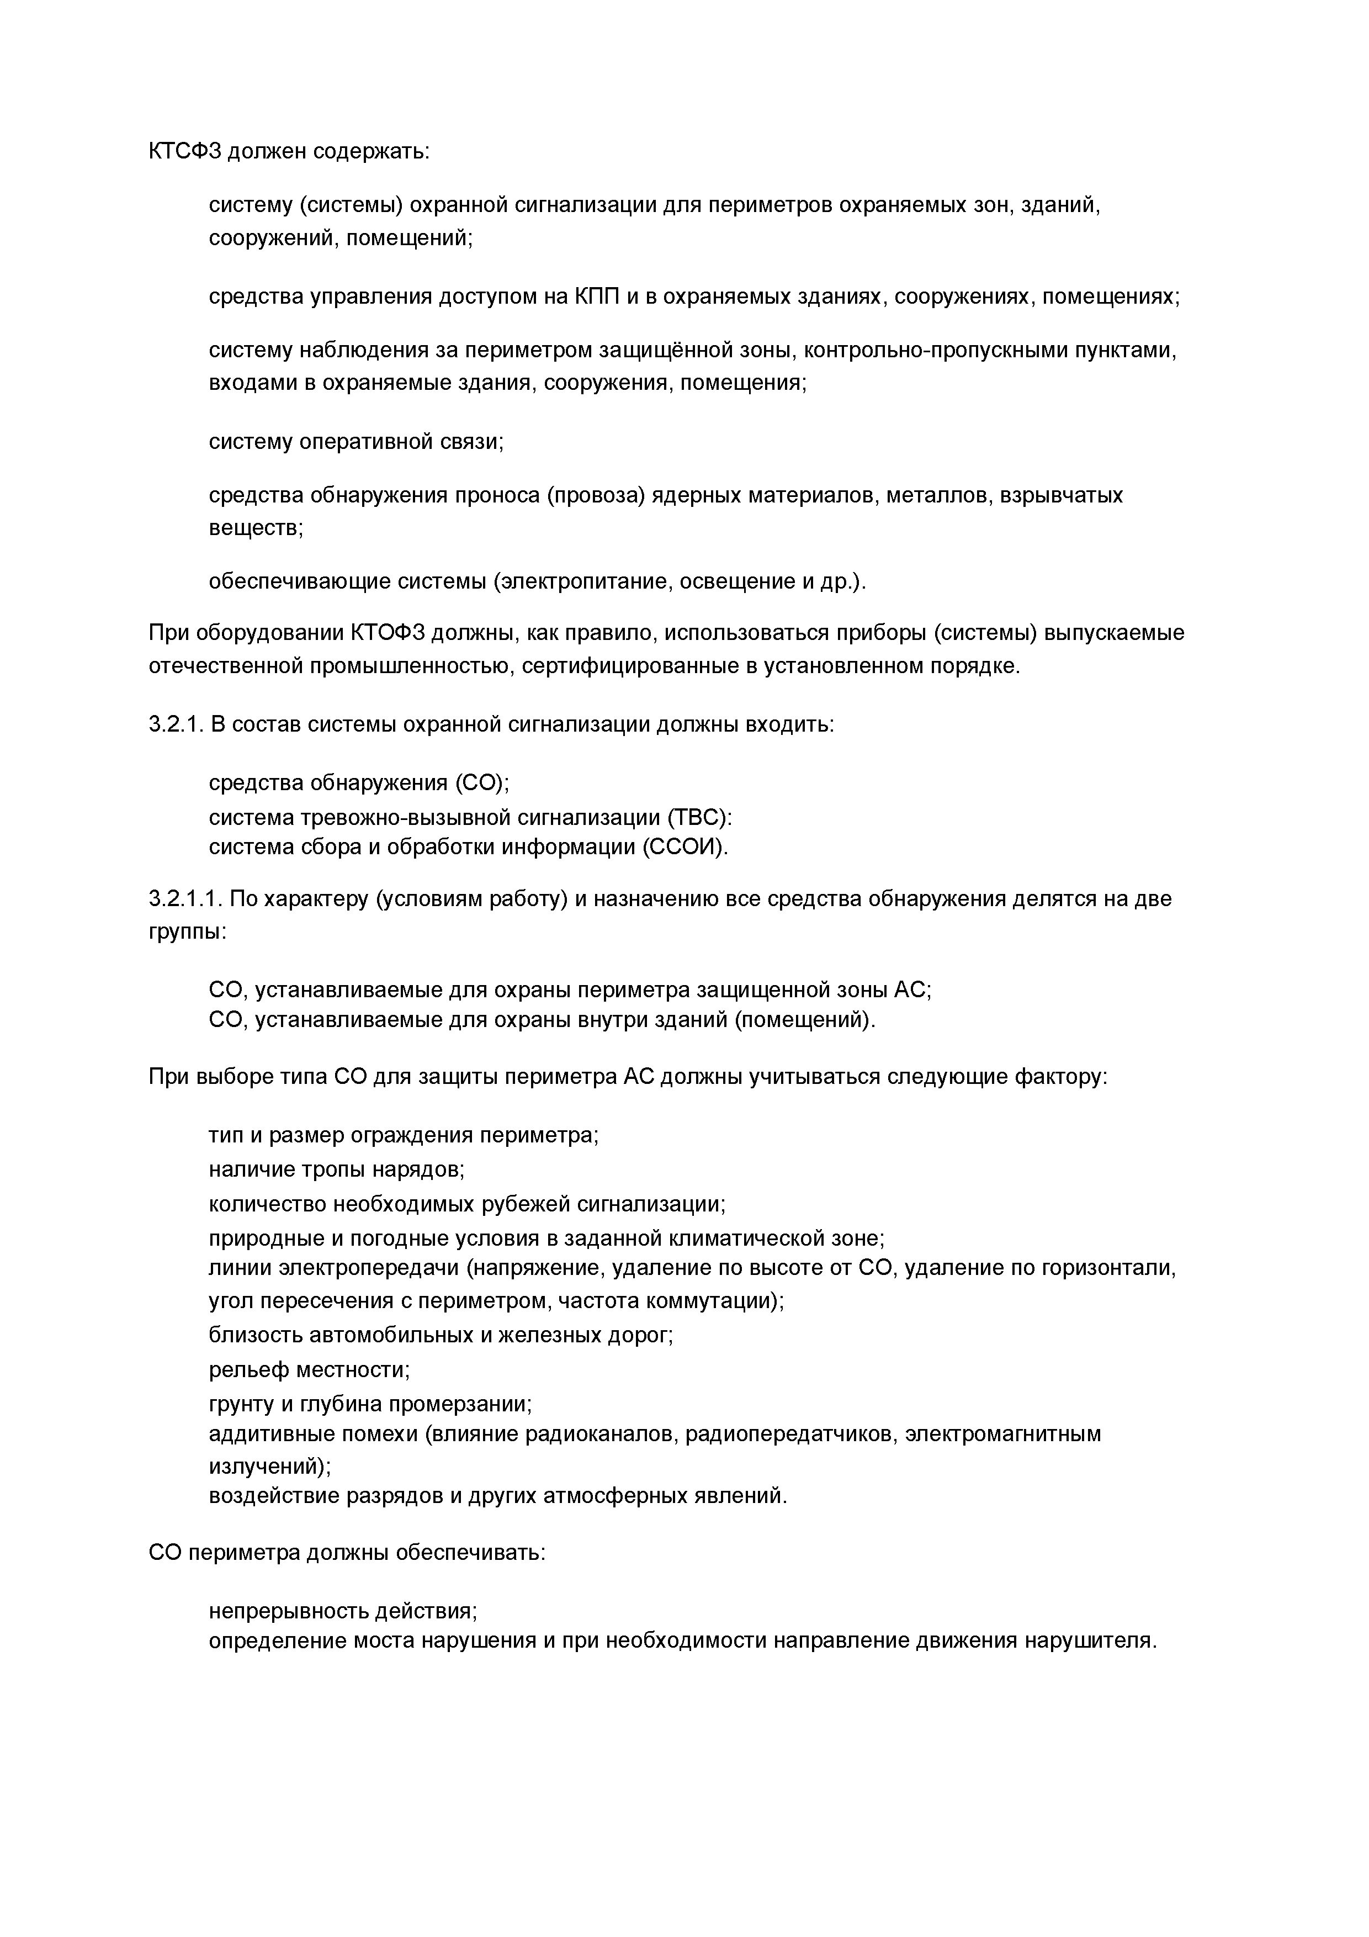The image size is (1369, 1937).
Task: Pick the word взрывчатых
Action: coord(1061,495)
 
